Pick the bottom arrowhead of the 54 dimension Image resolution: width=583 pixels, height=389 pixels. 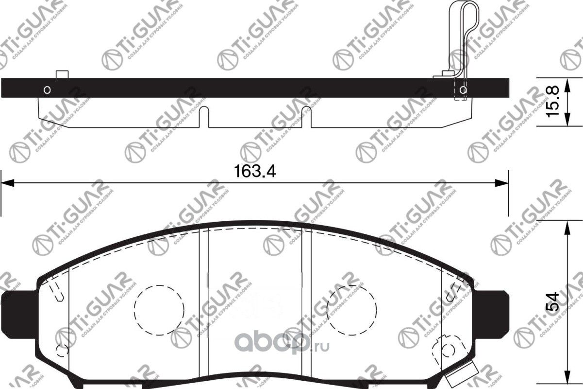coord(566,382)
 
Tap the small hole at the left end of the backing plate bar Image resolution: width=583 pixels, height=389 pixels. coord(47,90)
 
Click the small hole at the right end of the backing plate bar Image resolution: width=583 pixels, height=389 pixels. coord(463,90)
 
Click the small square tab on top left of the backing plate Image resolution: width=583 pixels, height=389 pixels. coord(62,74)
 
